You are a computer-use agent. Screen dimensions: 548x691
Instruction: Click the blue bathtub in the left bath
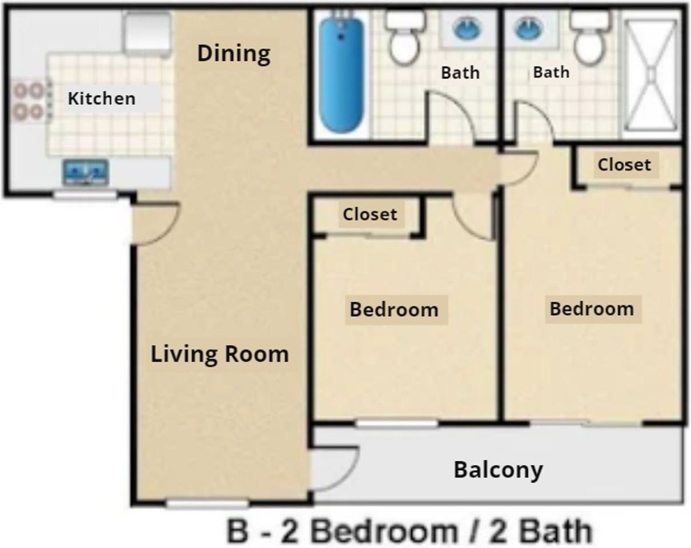pos(340,74)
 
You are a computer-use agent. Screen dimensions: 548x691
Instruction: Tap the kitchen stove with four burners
pos(29,100)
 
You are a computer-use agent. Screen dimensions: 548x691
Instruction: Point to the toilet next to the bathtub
pos(404,38)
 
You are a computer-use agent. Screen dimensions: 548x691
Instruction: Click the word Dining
pos(234,54)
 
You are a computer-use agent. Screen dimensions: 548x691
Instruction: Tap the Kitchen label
pos(102,98)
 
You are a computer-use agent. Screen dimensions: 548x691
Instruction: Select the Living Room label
pos(219,354)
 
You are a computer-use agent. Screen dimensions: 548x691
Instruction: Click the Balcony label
pos(498,470)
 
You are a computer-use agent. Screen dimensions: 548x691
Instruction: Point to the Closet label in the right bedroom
pos(624,165)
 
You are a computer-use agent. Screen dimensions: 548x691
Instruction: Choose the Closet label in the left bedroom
pos(369,214)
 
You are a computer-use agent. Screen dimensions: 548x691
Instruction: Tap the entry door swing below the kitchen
pos(155,223)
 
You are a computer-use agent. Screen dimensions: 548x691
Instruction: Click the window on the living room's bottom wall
pos(207,504)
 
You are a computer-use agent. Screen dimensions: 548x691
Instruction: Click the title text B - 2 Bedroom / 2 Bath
pos(409,531)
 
